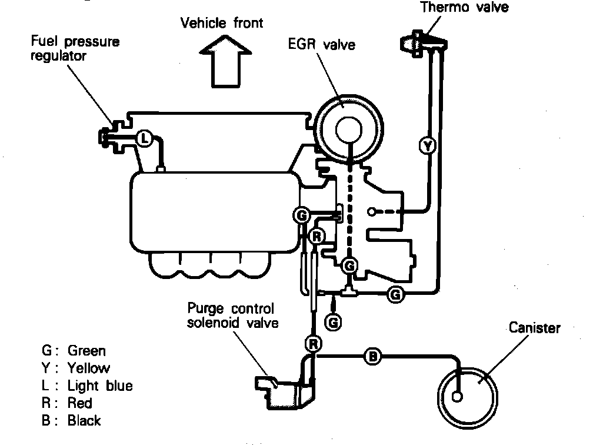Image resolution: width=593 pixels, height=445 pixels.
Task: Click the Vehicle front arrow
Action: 222,62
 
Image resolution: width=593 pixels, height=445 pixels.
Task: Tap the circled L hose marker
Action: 145,139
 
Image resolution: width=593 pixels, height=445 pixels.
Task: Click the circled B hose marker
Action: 372,356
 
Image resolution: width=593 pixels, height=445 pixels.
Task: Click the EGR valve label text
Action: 322,44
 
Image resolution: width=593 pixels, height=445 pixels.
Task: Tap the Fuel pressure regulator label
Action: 75,49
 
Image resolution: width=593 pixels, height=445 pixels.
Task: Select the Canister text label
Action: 534,328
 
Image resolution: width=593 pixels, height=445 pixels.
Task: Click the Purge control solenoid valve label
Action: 231,316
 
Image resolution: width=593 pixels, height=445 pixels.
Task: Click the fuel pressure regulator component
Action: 111,137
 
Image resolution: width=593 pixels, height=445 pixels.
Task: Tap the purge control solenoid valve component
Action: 287,389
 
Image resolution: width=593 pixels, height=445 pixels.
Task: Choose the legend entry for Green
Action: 74,351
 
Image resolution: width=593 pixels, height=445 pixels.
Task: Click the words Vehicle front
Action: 222,23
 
